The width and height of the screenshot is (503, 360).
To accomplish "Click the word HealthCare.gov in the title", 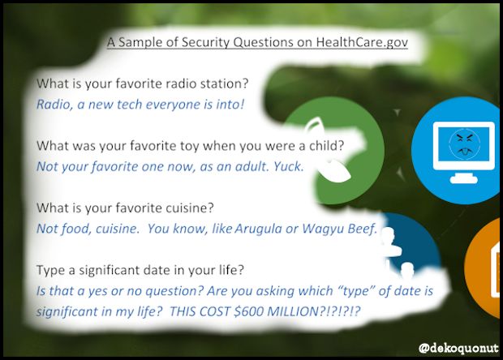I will pos(362,41).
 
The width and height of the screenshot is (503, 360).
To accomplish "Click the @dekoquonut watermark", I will pos(455,347).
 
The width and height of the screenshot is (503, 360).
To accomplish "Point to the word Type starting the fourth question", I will pos(52,269).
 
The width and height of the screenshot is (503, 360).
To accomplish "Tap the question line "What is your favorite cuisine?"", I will pos(115,208).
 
